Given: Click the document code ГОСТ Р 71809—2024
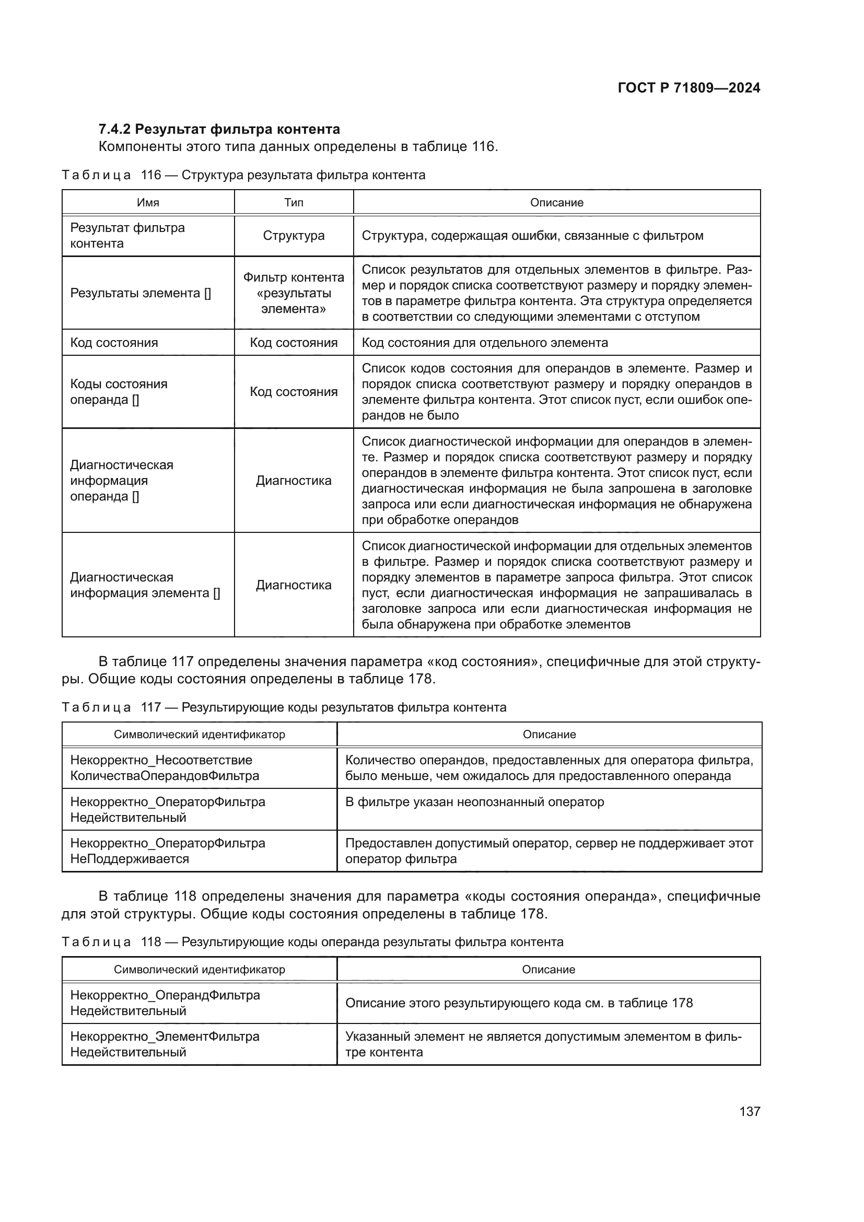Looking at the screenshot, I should pos(688,88).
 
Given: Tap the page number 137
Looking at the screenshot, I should pos(749,1111).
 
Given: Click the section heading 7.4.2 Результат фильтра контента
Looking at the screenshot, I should pos(219,129).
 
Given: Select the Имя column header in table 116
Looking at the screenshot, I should pos(148,202).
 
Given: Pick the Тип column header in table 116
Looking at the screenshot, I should pos(294,202).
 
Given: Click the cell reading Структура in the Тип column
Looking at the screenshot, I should pos(294,235).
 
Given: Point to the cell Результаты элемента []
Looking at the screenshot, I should pos(141,293).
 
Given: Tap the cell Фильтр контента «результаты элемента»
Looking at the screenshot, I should pos(294,293).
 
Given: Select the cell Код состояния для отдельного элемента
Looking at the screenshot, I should pos(484,342).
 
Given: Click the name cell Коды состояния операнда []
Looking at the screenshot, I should pos(119,392).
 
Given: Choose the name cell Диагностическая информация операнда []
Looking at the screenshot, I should pos(122,480).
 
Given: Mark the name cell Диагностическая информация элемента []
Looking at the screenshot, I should pos(145,585).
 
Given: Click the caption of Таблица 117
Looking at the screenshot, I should pos(284,707).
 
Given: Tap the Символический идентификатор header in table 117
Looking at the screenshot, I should pos(200,734).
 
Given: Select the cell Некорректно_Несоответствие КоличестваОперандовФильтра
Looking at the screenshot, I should pos(165,767).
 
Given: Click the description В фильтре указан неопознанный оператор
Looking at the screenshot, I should pos(474,801).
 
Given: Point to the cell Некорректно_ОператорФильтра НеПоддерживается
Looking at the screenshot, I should pos(168,851).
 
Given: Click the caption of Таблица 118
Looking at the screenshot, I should pos(312,941).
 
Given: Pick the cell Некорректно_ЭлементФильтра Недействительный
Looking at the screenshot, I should pos(165,1044).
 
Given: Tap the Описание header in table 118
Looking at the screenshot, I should pos(548,969).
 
